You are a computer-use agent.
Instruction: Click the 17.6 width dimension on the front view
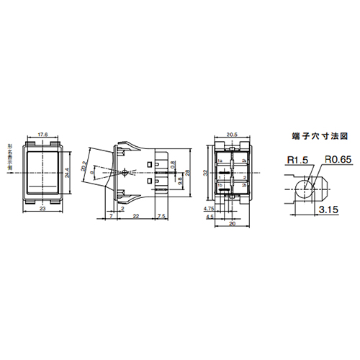click(42, 135)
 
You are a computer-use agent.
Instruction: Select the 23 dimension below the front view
click(42, 208)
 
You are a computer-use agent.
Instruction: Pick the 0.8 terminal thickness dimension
click(174, 165)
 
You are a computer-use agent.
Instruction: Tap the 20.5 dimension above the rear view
click(231, 135)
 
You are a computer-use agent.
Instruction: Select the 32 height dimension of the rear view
click(205, 173)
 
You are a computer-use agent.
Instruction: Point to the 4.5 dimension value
click(210, 216)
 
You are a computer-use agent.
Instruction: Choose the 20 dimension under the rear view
click(231, 223)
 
